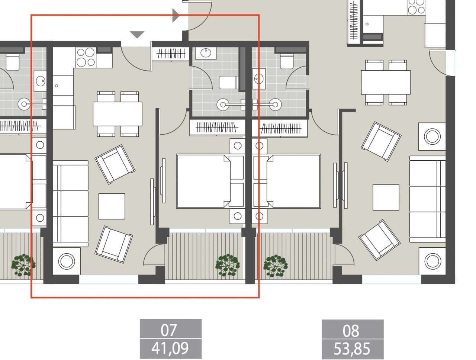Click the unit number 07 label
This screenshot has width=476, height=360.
(170, 329)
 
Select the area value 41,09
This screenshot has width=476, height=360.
(170, 348)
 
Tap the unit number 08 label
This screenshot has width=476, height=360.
(352, 330)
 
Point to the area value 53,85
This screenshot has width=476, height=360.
(352, 349)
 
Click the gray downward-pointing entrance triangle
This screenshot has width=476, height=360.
(137, 35)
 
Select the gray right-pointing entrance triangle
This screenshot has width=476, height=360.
(176, 16)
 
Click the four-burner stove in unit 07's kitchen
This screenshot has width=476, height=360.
(86, 57)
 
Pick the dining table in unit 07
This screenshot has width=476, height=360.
(118, 114)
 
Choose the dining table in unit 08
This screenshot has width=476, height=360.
(386, 82)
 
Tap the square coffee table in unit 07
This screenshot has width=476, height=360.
(112, 206)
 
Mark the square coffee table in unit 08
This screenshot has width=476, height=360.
(386, 197)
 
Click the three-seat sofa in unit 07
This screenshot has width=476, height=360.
(70, 203)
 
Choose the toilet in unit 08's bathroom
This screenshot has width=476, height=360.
(287, 61)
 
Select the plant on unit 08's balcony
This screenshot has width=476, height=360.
(275, 266)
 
